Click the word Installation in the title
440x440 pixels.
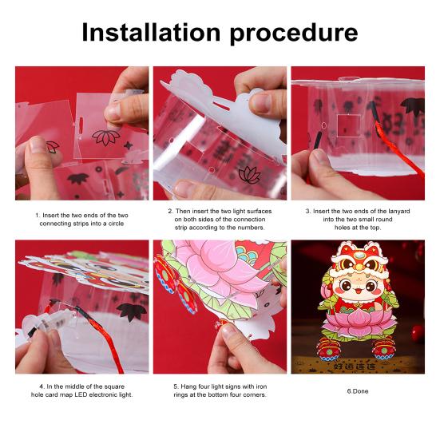[x=151, y=32]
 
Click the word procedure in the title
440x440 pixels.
[x=294, y=34]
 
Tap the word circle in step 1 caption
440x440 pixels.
[x=116, y=224]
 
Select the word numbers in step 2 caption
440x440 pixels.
[x=250, y=228]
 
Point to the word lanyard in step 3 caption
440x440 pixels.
[x=399, y=211]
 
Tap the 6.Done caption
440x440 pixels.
[x=358, y=391]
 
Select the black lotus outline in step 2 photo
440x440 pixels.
[x=249, y=175]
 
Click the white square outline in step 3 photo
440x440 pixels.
[x=348, y=125]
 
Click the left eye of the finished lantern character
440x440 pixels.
[x=346, y=286]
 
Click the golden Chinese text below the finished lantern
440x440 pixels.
[x=355, y=367]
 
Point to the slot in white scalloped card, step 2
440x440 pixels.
[x=221, y=107]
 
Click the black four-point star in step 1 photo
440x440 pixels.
[x=129, y=145]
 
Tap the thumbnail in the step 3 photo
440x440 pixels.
[x=319, y=157]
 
